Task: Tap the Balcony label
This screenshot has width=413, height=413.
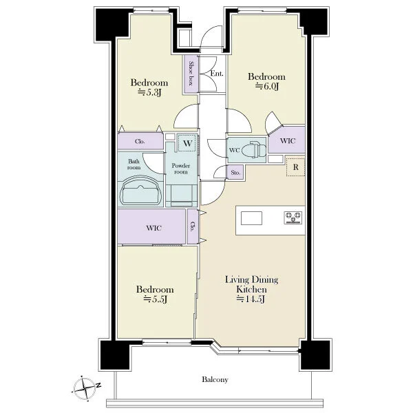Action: coord(215,379)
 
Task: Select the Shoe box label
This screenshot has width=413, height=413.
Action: coord(191,73)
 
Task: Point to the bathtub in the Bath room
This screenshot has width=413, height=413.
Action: coord(140,190)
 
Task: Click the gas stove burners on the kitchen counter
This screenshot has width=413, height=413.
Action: coord(293,218)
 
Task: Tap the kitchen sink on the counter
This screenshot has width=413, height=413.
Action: coord(251,218)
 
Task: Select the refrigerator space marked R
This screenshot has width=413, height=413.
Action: coord(295,167)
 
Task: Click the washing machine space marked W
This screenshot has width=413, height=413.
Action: coord(187,143)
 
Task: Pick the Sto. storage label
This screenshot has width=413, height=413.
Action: coord(235,173)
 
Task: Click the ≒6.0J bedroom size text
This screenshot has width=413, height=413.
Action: coord(267,87)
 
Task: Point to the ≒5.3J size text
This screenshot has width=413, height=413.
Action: coord(149,92)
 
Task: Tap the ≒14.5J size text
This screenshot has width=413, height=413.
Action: coord(251,299)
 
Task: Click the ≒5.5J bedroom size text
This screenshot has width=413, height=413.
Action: coord(155,299)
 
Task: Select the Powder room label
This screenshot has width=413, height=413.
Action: coord(180,169)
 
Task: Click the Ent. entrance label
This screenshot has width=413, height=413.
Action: coord(217,74)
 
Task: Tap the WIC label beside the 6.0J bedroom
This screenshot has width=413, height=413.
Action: coord(288,140)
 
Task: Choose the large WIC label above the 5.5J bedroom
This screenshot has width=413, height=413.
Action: coord(153,228)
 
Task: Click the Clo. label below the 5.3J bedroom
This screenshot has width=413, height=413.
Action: coord(140,141)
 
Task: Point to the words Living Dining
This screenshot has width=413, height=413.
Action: coord(251,279)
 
